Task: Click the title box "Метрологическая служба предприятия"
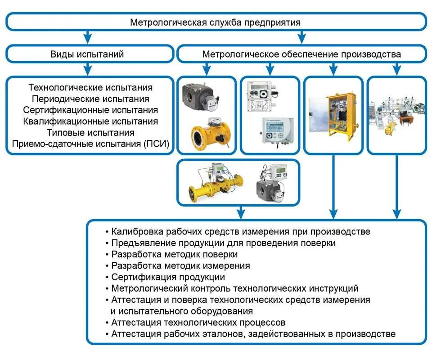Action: (x=215, y=22)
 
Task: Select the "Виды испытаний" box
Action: (x=89, y=54)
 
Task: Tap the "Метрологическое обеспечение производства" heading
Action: (x=301, y=54)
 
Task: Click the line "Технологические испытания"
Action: (x=90, y=87)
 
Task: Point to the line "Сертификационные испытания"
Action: (x=90, y=110)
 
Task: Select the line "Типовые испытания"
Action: (x=90, y=133)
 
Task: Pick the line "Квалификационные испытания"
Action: (x=90, y=121)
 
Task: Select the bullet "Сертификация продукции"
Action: (x=168, y=277)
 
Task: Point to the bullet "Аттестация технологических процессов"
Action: (x=198, y=323)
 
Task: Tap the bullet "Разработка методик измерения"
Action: (x=180, y=265)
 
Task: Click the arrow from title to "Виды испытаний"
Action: (x=88, y=36)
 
